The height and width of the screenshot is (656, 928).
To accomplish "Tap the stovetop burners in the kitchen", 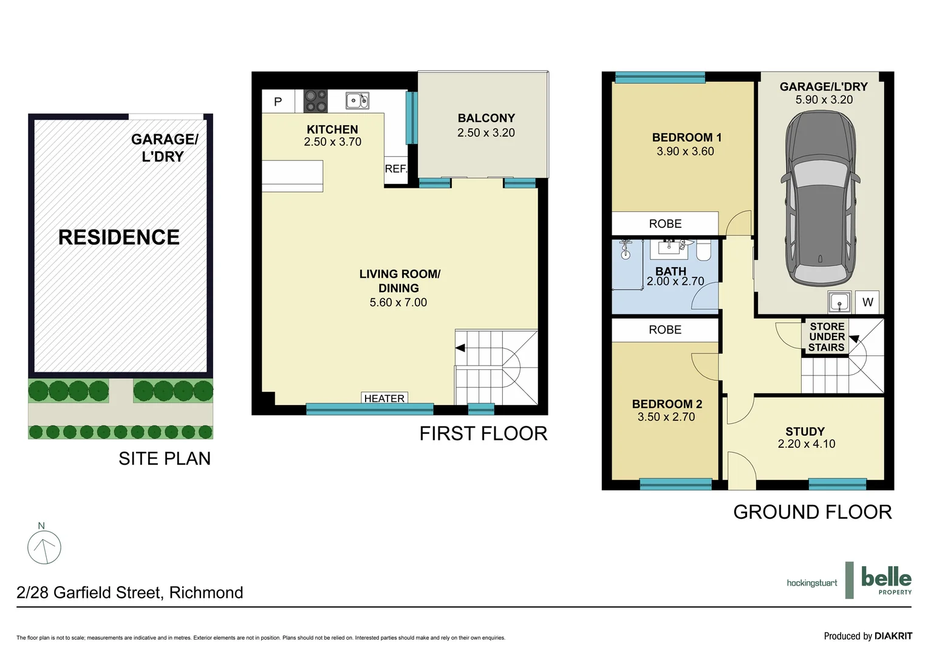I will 315,101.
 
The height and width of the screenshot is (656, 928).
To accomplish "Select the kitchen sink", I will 357,100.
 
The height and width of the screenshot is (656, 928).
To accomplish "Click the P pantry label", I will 278,101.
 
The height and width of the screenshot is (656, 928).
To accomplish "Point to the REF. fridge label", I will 396,168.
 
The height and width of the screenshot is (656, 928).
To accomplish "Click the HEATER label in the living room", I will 384,398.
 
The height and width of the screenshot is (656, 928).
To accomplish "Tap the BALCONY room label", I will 486,118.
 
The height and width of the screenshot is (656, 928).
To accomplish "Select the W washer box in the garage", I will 867,302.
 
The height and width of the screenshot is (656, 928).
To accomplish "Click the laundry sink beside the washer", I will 839,302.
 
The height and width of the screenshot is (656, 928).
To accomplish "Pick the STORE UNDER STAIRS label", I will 827,337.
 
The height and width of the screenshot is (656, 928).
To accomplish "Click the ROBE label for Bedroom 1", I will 665,224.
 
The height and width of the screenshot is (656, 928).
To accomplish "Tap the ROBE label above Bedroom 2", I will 665,330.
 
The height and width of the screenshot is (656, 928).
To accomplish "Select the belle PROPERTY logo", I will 885,580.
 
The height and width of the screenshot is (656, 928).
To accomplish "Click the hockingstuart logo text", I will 811,583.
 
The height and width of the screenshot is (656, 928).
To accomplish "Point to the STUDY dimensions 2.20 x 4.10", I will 806,444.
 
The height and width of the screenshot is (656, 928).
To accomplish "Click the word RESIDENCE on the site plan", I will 119,237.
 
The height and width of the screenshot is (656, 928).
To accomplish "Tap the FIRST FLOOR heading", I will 483,434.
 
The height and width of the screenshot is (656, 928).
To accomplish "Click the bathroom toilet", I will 703,250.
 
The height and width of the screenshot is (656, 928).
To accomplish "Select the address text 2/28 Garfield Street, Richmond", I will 130,592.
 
